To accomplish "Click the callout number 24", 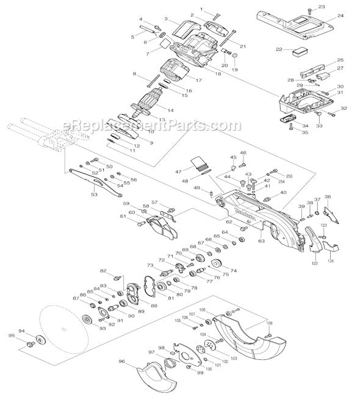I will point(340,16).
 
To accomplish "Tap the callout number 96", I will point(121,362).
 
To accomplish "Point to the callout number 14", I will point(171,110).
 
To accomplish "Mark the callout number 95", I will point(11,335).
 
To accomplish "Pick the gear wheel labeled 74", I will point(216,264).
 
